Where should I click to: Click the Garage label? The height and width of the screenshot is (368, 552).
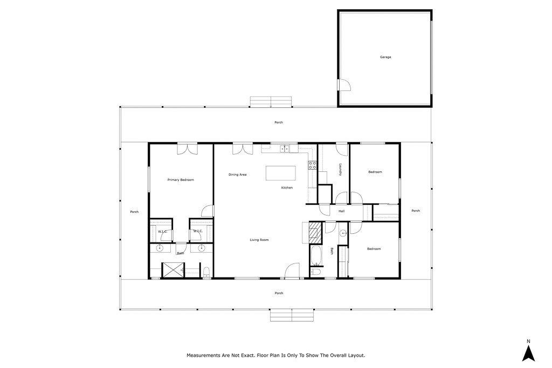click(385, 57)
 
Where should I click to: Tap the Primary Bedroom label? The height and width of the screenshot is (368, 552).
click(181, 180)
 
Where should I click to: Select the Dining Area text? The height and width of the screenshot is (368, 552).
click(237, 175)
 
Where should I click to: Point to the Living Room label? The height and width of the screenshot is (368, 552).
click(259, 240)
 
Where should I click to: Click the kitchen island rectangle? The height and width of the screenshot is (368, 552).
click(280, 173)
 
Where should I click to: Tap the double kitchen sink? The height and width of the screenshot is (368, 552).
click(285, 149)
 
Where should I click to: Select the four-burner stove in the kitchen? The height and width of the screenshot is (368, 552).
click(312, 165)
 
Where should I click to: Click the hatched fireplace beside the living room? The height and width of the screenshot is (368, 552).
click(315, 233)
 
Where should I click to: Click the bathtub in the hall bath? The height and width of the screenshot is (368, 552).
click(316, 255)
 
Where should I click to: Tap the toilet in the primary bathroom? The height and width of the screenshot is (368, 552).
click(206, 272)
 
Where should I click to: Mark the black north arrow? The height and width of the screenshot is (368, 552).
click(528, 353)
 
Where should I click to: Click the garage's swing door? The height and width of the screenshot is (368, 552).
click(344, 85)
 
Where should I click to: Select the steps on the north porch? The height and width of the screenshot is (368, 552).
click(271, 102)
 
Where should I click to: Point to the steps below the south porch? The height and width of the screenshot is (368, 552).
click(292, 315)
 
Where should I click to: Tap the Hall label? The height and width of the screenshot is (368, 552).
click(341, 211)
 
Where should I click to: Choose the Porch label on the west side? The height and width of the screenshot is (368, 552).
click(134, 212)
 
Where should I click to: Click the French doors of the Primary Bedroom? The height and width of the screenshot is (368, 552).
click(187, 149)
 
